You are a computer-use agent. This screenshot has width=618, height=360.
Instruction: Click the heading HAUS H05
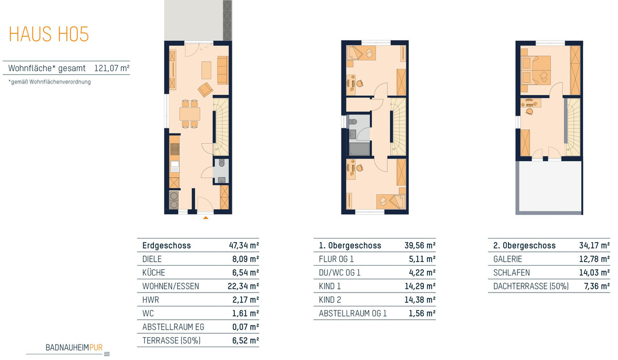pos(49,34)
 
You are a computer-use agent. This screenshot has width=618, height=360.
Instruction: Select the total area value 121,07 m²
pos(112,68)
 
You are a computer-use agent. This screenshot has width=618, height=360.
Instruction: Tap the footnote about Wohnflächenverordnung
pos(49,82)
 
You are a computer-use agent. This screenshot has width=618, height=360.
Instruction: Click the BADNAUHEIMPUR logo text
pos(74,347)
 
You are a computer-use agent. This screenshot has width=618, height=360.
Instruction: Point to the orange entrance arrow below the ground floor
pos(205,218)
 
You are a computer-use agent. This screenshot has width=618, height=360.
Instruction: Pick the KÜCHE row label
pos(153,272)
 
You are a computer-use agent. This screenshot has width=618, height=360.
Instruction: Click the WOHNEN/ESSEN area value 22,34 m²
pos(243,286)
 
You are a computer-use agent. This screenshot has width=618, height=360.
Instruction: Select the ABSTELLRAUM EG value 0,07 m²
pos(246,327)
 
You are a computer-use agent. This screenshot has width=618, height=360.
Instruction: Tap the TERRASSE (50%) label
pos(171,340)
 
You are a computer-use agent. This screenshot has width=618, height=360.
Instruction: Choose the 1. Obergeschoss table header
pos(350,246)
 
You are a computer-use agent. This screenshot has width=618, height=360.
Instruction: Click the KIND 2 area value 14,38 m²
pos(420,300)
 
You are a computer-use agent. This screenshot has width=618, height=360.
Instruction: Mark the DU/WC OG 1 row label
pos(339,272)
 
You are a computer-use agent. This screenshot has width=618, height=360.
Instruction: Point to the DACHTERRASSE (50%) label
pos(531,286)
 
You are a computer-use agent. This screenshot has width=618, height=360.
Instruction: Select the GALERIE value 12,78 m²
pos(594,259)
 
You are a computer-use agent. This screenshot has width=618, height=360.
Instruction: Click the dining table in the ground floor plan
pos(190,114)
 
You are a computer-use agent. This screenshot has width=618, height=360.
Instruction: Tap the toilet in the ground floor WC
pos(221,163)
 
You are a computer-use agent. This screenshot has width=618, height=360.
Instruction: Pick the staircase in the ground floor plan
pos(221,127)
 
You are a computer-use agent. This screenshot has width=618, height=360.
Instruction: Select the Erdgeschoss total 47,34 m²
pos(244,246)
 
